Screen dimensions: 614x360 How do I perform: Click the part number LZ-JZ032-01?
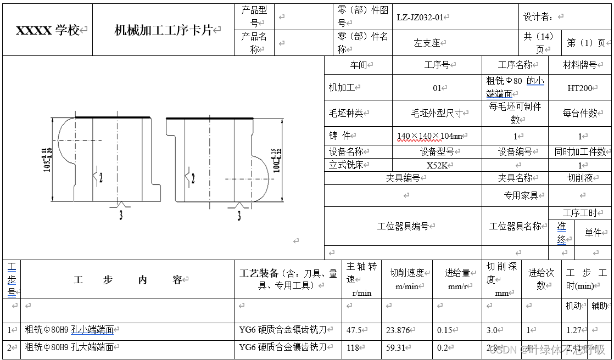click(420, 17)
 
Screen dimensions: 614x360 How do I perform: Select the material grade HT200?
click(579, 88)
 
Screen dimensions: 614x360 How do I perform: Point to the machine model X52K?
click(437, 165)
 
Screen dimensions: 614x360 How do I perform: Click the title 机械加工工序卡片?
click(163, 30)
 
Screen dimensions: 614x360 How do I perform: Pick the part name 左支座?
click(427, 43)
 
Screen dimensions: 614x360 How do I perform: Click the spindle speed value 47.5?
click(354, 330)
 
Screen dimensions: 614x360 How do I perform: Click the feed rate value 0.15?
click(444, 330)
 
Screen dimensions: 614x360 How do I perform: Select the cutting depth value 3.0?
click(492, 330)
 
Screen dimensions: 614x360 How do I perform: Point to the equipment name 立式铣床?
click(345, 165)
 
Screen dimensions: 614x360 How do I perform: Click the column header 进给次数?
click(541, 279)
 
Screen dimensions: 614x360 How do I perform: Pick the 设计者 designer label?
click(538, 17)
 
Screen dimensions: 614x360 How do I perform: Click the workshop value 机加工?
click(342, 87)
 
